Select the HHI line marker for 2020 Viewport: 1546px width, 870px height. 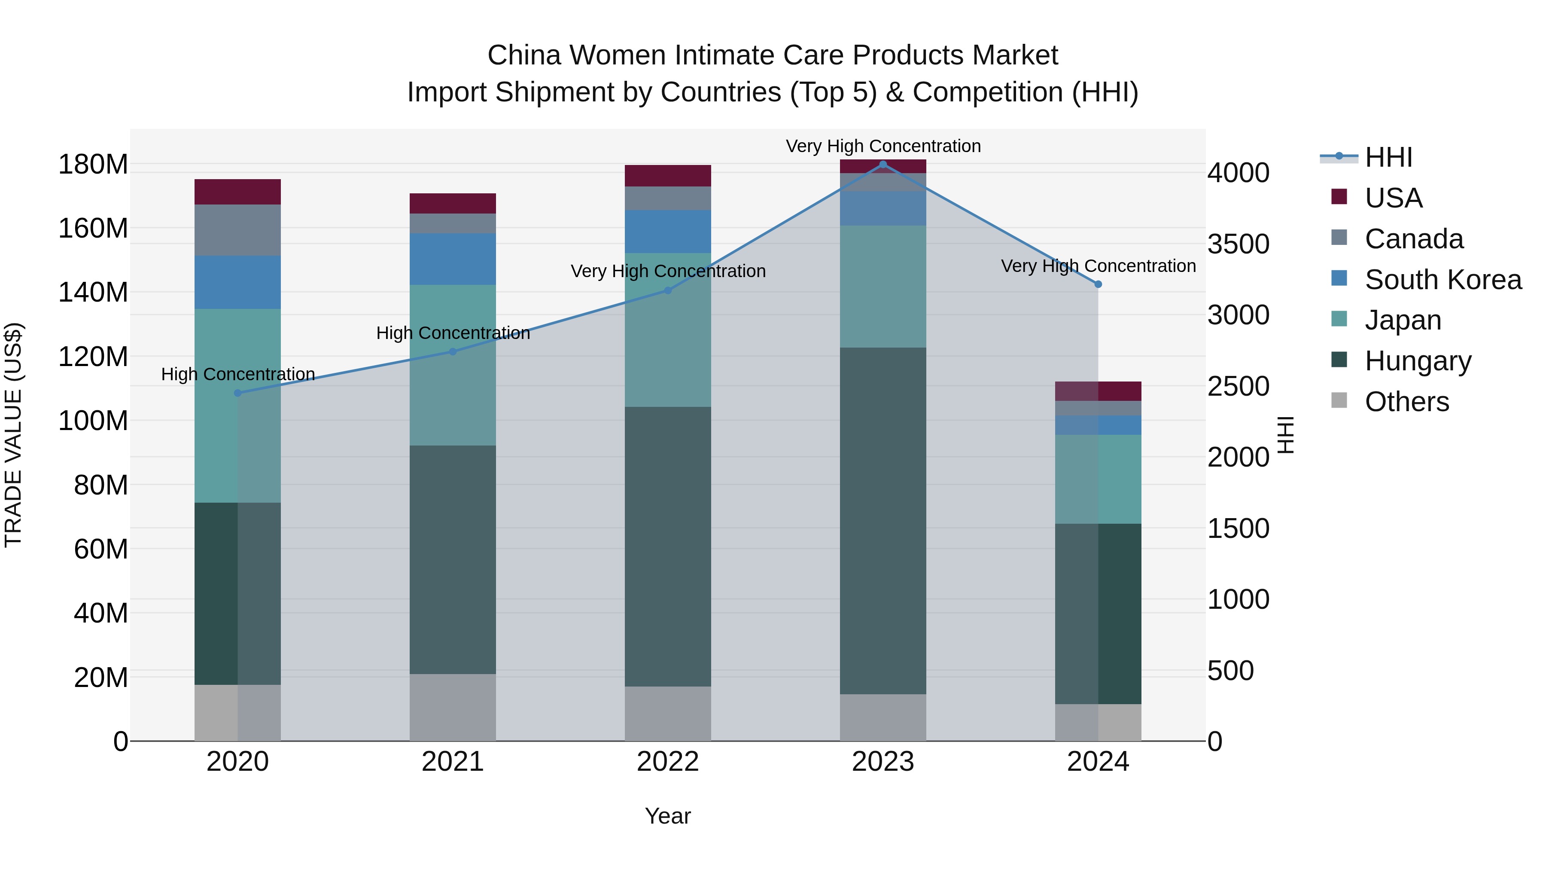[237, 393]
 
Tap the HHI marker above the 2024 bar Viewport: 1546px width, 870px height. [1098, 284]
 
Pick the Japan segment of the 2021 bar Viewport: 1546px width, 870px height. [453, 365]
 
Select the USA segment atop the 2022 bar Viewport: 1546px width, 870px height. [667, 176]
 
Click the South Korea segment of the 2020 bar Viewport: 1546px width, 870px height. [237, 282]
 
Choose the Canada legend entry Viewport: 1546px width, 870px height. [1413, 239]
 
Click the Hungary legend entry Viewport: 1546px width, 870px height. [1418, 361]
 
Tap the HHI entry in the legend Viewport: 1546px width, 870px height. [1388, 157]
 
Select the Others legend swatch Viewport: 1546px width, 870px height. [1339, 400]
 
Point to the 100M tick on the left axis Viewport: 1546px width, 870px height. [93, 421]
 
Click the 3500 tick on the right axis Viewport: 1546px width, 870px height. [1238, 244]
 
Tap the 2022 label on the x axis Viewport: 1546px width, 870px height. [667, 762]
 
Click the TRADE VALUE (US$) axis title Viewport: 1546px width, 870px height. [13, 435]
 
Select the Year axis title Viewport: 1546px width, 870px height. [667, 816]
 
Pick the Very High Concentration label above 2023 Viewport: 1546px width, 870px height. [883, 146]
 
